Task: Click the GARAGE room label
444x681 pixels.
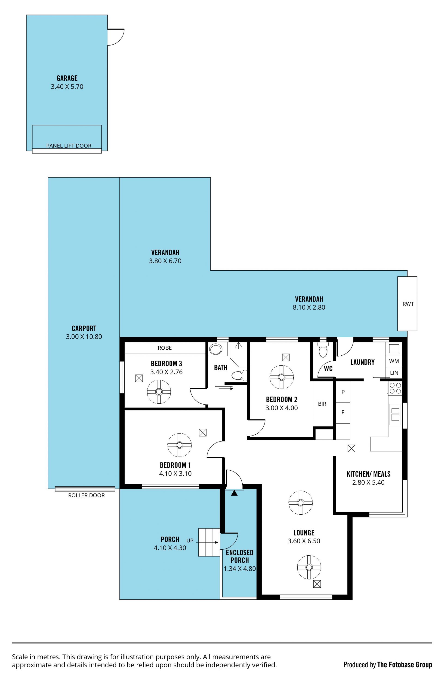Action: [67, 78]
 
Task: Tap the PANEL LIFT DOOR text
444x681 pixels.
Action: [69, 146]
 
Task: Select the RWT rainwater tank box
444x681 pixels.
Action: [407, 304]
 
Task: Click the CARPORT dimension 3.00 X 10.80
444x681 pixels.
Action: [84, 336]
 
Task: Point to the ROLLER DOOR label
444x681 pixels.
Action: [86, 495]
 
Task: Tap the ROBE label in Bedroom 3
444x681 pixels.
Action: [165, 348]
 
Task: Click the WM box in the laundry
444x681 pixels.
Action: [394, 361]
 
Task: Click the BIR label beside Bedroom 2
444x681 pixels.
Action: [322, 404]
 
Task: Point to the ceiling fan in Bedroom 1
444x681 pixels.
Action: [179, 445]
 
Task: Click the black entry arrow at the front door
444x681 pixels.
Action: [234, 493]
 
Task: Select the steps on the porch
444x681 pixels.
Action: [209, 542]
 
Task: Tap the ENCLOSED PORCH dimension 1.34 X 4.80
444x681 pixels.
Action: [240, 569]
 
